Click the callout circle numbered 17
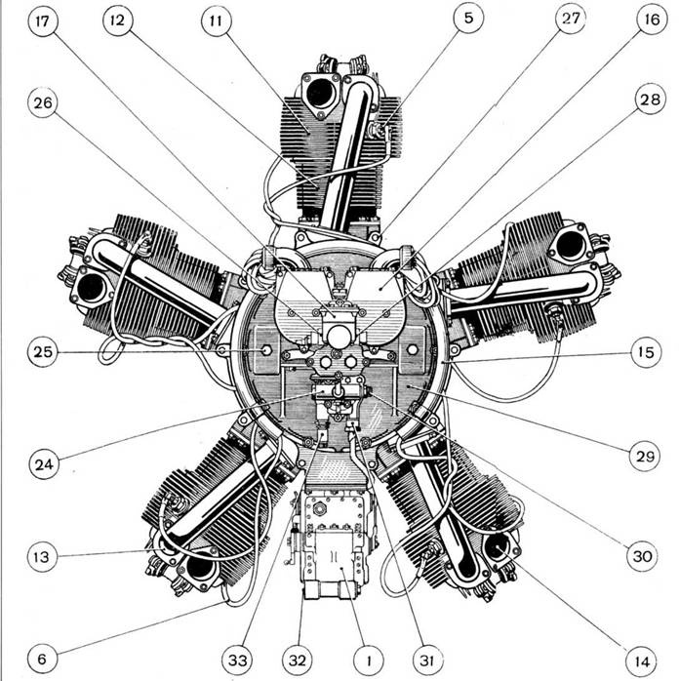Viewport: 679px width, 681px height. (x=43, y=20)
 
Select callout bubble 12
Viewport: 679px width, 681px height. (x=118, y=20)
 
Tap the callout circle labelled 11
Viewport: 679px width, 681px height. (x=217, y=20)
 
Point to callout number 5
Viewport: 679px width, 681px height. (x=468, y=18)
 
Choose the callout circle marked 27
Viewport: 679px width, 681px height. (x=571, y=18)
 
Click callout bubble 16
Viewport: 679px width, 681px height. (x=652, y=20)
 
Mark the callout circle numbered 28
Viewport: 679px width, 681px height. (x=650, y=100)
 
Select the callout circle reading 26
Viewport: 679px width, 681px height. (x=43, y=103)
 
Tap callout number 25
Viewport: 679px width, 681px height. (x=43, y=352)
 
